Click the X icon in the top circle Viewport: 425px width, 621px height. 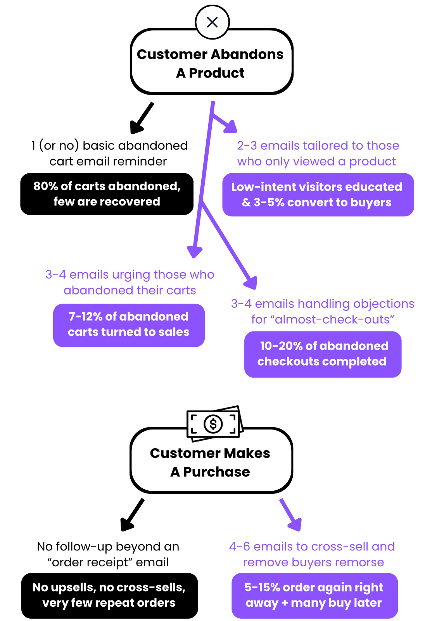click(212, 22)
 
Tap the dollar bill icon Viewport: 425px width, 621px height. click(214, 424)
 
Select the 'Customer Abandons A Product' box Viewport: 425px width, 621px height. click(211, 63)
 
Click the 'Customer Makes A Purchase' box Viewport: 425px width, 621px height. click(211, 462)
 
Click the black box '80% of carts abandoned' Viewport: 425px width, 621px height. click(107, 194)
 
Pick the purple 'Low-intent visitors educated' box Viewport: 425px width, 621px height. click(318, 195)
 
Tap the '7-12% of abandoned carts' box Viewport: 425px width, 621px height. click(129, 325)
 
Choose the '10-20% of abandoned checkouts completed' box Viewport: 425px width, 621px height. click(322, 354)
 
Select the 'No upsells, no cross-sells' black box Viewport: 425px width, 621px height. click(109, 595)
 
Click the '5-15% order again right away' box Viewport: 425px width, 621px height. click(314, 595)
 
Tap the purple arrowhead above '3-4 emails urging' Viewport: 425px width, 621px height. click(195, 251)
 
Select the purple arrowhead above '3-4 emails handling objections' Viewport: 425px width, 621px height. click(251, 282)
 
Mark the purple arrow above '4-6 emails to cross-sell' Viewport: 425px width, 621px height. click(291, 515)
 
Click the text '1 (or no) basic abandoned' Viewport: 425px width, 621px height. click(109, 145)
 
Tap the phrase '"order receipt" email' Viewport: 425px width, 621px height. click(108, 562)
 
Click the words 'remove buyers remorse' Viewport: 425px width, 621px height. click(313, 562)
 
